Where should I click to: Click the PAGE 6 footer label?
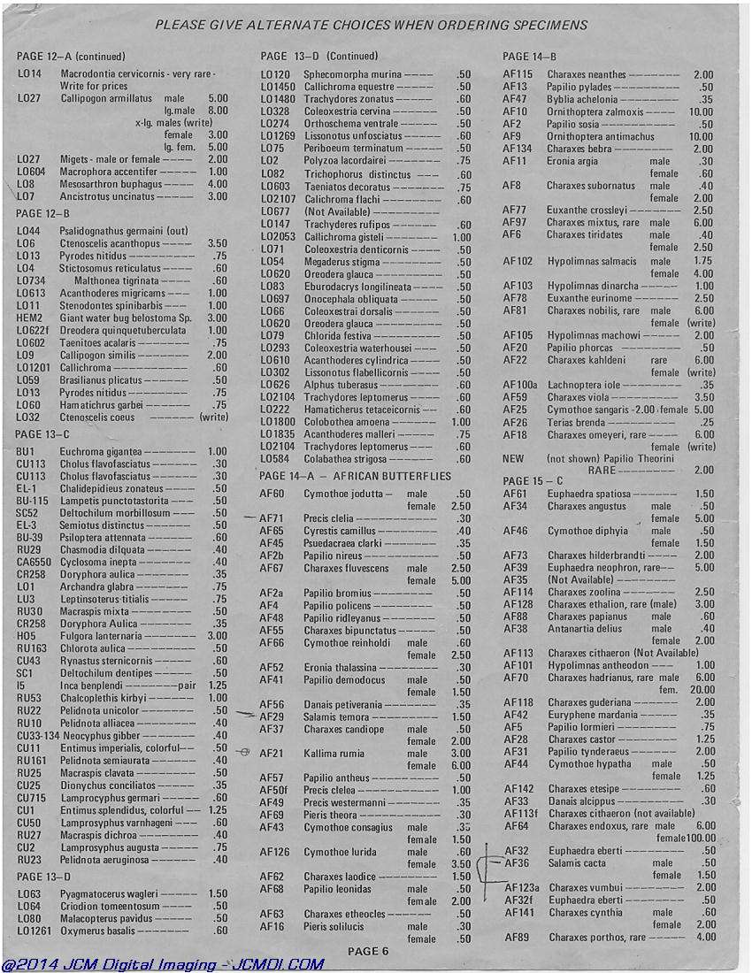pos(367,951)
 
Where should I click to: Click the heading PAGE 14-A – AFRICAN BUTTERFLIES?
pos(356,476)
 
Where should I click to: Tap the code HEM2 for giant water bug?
pos(29,318)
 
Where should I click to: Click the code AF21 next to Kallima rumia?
pos(272,754)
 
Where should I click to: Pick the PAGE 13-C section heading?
pos(42,433)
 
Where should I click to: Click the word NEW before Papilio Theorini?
pos(513,459)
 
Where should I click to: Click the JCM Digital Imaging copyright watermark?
pos(163,964)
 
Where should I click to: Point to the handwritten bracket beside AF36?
pos(483,871)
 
